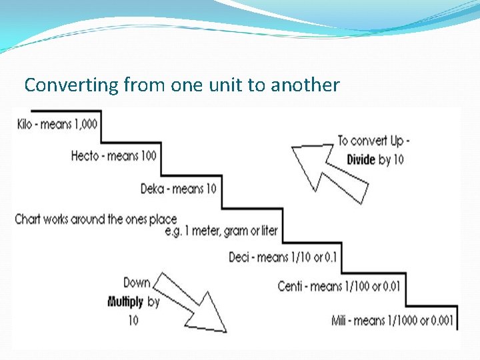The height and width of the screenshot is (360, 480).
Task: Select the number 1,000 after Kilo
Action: (83, 125)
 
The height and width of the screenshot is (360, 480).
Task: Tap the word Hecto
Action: (85, 156)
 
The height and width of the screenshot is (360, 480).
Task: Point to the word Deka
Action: (153, 189)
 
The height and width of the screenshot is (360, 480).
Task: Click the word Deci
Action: (239, 257)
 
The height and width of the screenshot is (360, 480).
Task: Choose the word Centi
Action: (290, 287)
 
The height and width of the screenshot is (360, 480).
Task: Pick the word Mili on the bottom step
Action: (341, 321)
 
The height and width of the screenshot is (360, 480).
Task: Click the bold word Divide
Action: (361, 160)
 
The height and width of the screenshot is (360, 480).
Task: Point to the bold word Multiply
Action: (125, 302)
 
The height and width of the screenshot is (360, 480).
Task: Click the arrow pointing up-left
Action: (327, 171)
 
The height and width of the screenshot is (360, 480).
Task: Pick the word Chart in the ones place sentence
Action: (27, 219)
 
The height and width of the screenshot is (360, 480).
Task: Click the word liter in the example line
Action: (268, 231)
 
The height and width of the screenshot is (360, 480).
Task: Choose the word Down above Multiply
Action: (137, 283)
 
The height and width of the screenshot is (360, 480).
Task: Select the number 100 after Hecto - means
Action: (149, 156)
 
